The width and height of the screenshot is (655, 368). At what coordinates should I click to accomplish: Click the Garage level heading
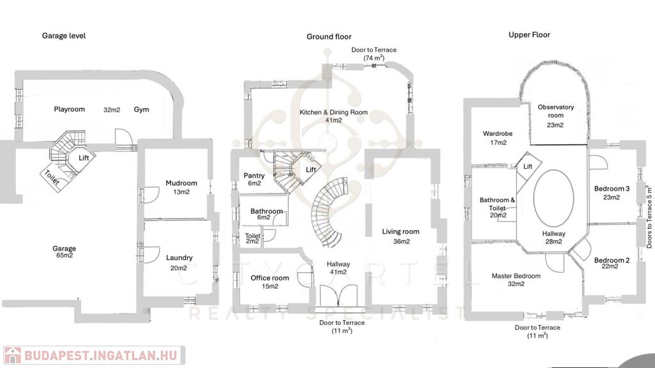coord(63,36)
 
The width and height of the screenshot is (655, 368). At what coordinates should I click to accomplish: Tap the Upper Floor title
coord(529,34)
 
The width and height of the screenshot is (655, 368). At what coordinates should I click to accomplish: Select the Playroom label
coord(69,109)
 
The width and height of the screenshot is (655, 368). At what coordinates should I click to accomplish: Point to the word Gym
coord(141,110)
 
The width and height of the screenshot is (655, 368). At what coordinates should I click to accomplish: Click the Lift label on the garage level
coord(84,158)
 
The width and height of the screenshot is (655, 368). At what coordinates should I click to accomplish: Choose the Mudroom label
coord(181,183)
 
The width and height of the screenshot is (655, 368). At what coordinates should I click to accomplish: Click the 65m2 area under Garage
coord(65,256)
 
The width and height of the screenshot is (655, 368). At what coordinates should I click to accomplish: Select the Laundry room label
coord(179,258)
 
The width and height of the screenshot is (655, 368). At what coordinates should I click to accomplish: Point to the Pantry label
coord(254,176)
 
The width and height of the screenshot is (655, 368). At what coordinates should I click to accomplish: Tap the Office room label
coord(270,278)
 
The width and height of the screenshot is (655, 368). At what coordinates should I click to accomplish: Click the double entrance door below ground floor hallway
coord(338,296)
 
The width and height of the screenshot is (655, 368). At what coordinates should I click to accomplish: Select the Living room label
coord(400,231)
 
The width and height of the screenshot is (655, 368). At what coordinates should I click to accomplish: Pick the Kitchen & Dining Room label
coord(333,112)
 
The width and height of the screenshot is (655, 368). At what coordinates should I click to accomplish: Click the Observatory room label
coord(556,111)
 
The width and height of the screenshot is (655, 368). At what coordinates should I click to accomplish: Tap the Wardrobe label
coord(498,134)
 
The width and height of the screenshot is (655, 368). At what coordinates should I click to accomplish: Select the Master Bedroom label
coord(516,276)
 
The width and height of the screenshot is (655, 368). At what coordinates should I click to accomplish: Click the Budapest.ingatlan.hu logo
coord(94,355)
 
